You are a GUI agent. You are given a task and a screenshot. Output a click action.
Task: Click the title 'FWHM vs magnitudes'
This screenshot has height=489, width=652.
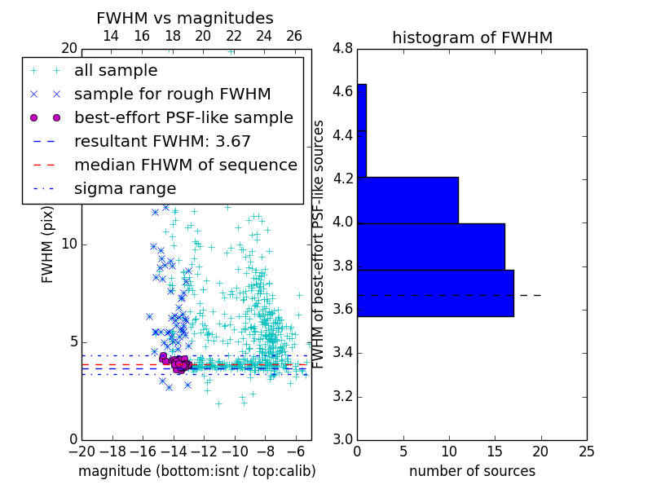click(184, 18)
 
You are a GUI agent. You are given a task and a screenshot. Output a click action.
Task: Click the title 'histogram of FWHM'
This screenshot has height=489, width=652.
click(472, 37)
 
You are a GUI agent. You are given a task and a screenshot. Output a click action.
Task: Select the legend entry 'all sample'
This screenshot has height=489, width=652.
click(116, 71)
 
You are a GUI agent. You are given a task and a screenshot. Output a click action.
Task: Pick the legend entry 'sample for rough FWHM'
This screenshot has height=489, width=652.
click(172, 95)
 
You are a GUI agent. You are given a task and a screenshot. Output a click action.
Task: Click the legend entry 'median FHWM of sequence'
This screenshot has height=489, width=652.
click(185, 165)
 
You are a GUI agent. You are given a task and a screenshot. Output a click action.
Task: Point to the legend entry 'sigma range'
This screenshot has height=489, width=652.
click(125, 188)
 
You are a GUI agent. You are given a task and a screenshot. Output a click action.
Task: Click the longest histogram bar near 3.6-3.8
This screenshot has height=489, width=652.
click(435, 293)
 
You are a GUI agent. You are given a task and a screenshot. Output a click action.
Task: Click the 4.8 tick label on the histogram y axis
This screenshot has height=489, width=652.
click(343, 48)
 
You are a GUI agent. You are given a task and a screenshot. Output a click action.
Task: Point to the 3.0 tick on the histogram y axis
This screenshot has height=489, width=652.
click(343, 439)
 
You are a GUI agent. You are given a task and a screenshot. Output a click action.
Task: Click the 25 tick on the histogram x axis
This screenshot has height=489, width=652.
click(586, 451)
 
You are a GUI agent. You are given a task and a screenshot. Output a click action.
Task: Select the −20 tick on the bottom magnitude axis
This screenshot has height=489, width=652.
click(81, 451)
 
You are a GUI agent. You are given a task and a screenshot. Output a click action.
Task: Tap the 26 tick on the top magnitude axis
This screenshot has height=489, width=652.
click(294, 36)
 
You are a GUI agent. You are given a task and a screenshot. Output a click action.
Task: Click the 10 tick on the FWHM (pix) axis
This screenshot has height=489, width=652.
click(69, 244)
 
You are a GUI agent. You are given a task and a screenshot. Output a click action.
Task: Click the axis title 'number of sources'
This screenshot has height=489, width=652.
click(472, 471)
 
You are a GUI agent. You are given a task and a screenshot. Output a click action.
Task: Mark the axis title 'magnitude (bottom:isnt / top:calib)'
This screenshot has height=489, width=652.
click(196, 471)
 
